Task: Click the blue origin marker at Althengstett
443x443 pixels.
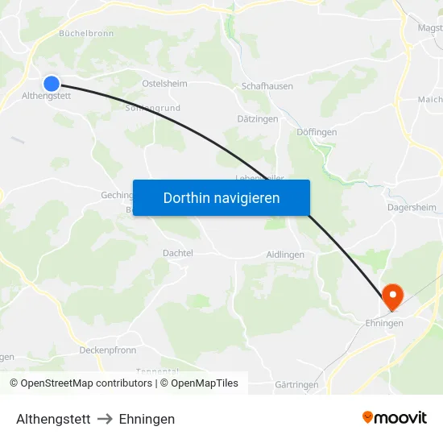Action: [x=52, y=83]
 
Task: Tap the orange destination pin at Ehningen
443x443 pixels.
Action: [x=393, y=296]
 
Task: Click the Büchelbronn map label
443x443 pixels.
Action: [x=86, y=34]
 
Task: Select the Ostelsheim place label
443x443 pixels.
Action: [x=164, y=83]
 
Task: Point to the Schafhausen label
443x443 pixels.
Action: [x=267, y=85]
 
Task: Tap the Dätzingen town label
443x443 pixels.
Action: [x=258, y=118]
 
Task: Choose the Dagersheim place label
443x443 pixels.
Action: [x=411, y=205]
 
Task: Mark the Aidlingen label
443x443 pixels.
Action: [x=285, y=255]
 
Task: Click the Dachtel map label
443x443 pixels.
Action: [x=178, y=253]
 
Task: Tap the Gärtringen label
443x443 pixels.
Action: [x=296, y=385]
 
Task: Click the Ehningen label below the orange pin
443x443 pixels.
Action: [x=383, y=323]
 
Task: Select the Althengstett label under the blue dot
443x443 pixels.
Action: [x=47, y=96]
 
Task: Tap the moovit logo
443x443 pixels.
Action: [x=395, y=417]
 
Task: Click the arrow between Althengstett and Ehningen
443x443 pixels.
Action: [x=105, y=419]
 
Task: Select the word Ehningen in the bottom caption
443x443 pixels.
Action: [x=147, y=419]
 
